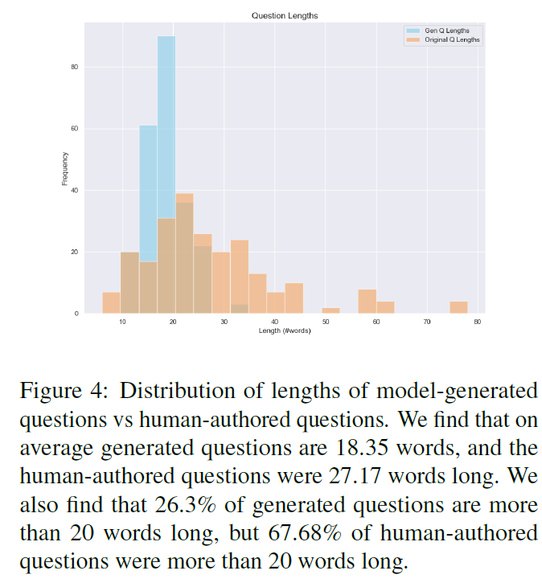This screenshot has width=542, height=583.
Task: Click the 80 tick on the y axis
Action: pyautogui.click(x=73, y=67)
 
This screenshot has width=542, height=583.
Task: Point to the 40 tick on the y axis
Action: pyautogui.click(x=73, y=191)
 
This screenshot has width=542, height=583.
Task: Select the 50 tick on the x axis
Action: pyautogui.click(x=326, y=322)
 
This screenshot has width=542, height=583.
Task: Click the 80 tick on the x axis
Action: pyautogui.click(x=478, y=322)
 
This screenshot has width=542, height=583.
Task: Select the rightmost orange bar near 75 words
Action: pyautogui.click(x=458, y=307)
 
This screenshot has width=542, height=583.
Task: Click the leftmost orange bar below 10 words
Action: pyautogui.click(x=111, y=302)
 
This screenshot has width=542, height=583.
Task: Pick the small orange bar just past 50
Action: pyautogui.click(x=331, y=310)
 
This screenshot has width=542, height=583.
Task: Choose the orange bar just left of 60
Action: pyautogui.click(x=367, y=301)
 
